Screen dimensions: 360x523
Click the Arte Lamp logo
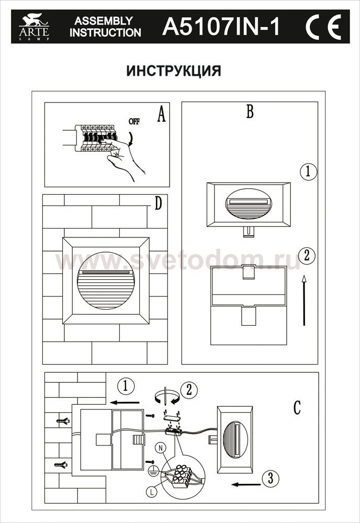(34, 26)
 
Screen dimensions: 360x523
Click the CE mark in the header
(323, 27)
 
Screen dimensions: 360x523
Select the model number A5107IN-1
(221, 27)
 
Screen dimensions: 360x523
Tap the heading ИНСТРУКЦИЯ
(174, 71)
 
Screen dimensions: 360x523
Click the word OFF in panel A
(134, 121)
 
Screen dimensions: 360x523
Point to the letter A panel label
(161, 115)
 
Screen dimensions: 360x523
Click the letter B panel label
(250, 111)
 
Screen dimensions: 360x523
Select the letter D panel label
(158, 203)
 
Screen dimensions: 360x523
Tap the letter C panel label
(297, 407)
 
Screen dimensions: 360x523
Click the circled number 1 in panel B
(308, 172)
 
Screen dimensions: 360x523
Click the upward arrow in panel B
(304, 300)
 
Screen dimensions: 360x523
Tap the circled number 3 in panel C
(270, 479)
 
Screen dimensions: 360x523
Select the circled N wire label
(161, 448)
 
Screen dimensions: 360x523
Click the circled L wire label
(151, 491)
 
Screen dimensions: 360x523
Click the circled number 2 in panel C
(189, 390)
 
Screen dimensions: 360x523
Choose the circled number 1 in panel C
(126, 386)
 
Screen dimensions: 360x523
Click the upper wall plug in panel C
(62, 421)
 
